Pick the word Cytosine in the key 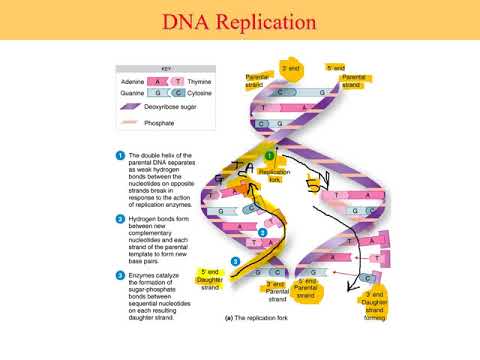point(202,97)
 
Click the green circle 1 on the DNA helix point(269,156)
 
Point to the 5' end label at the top point(335,68)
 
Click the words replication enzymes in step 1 point(162,202)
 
